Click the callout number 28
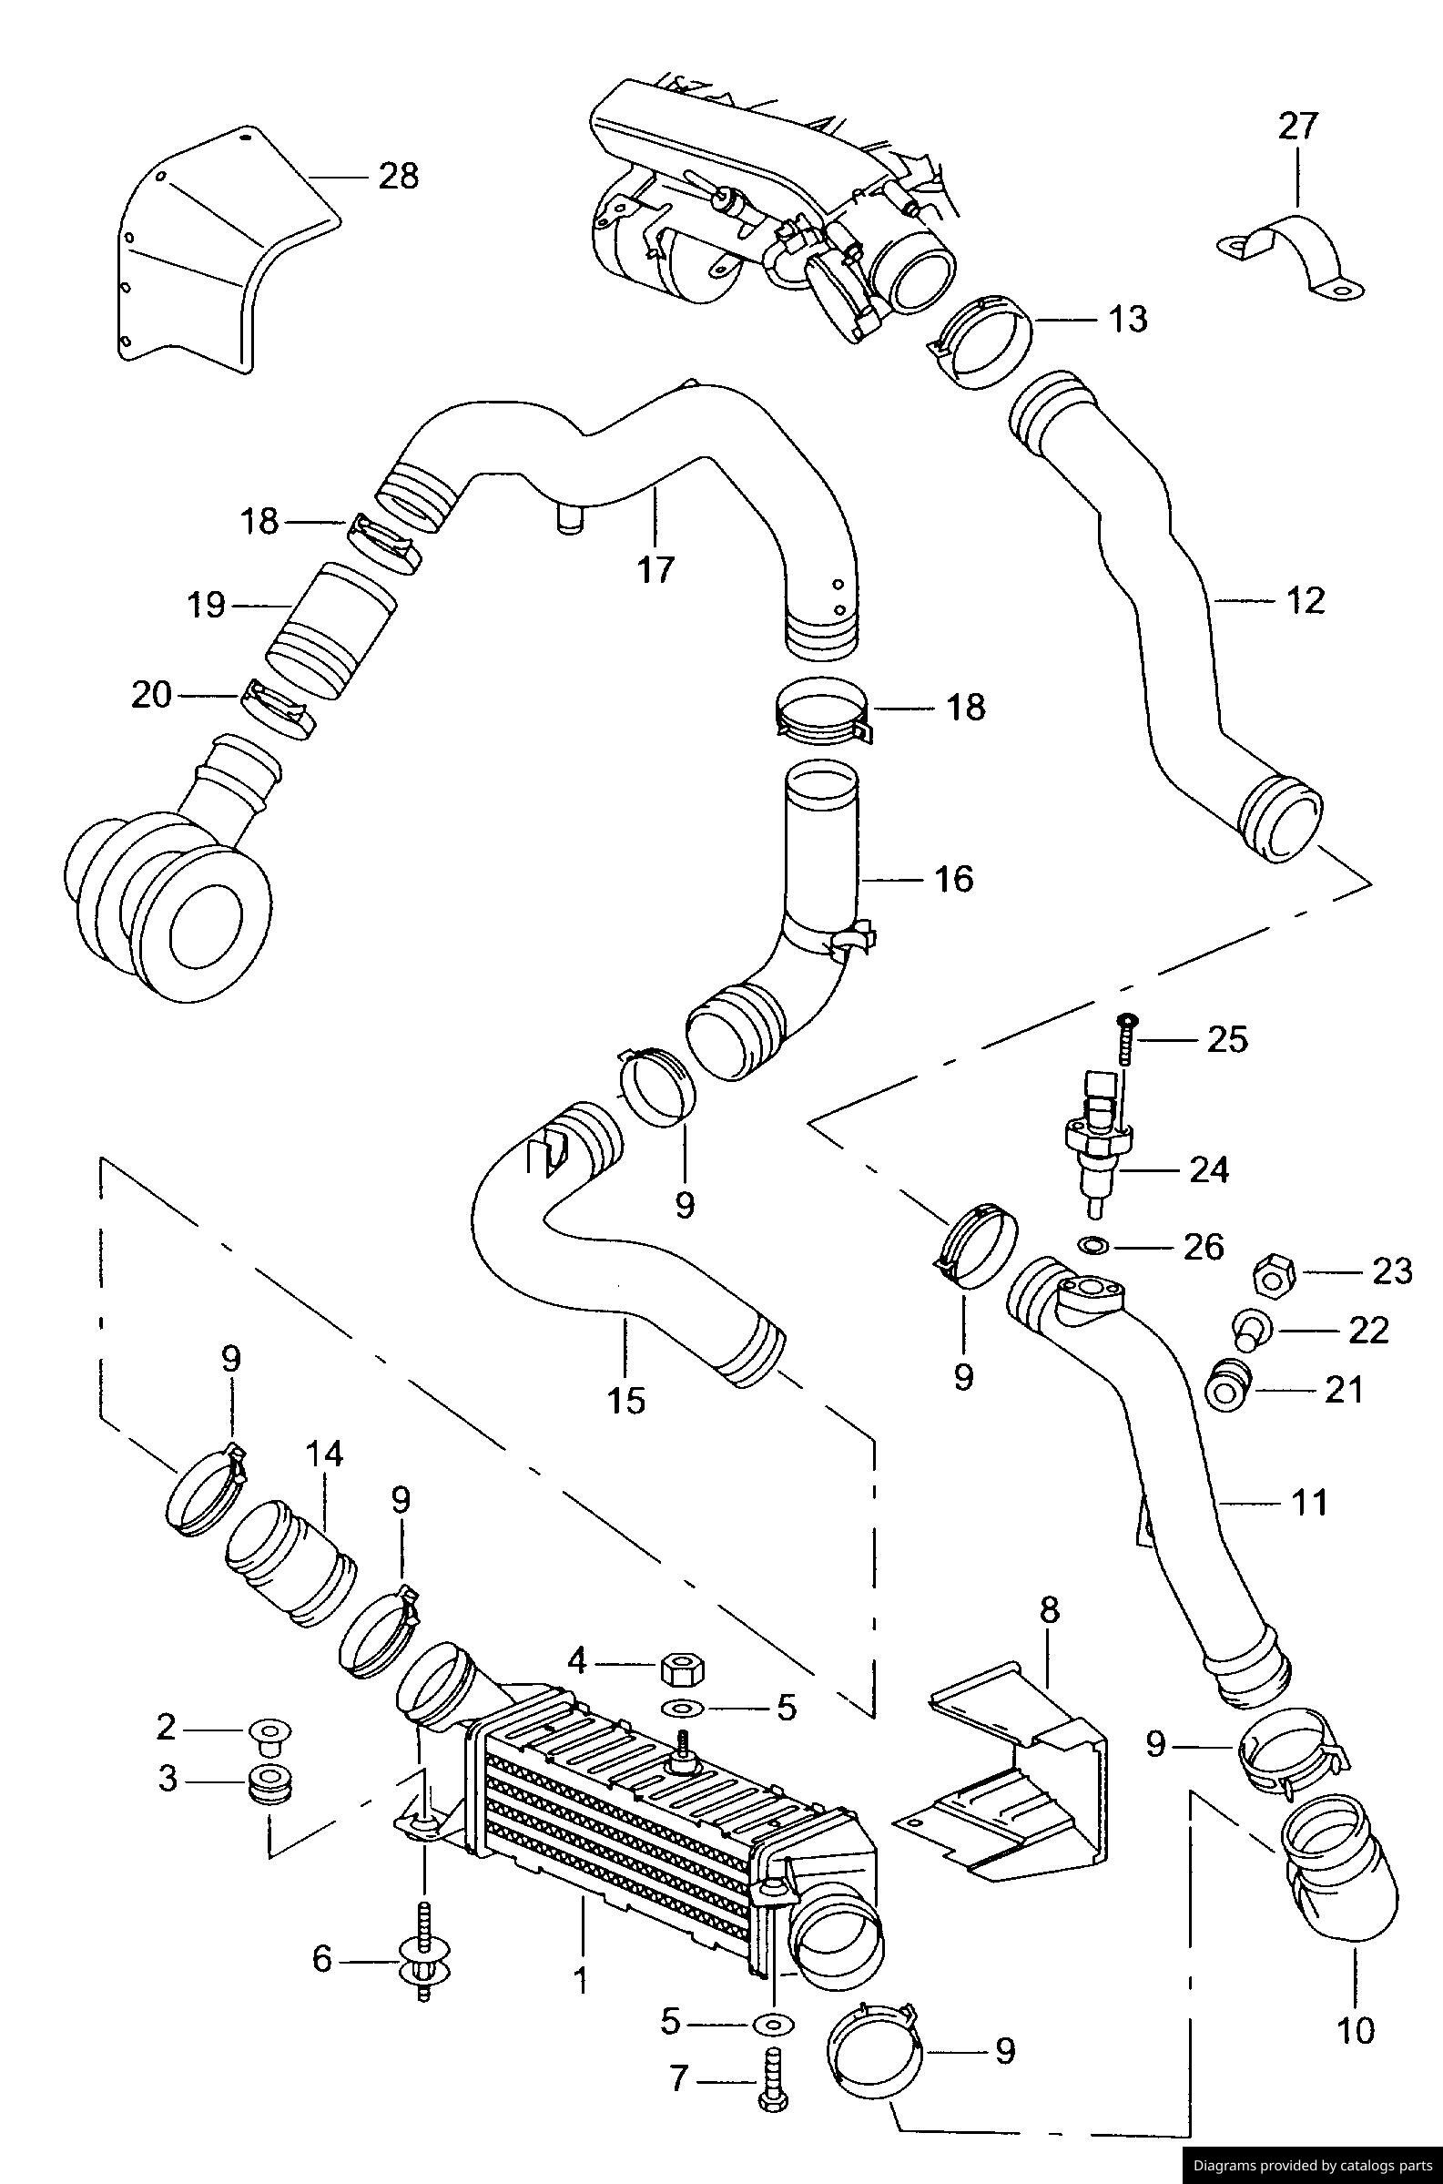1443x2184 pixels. click(399, 175)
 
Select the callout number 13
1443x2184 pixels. click(1128, 319)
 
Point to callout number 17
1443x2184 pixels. click(655, 569)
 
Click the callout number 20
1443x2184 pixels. click(152, 695)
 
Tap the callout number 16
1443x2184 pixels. click(954, 878)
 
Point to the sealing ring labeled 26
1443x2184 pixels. click(1093, 1246)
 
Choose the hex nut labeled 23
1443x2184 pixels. click(1275, 1276)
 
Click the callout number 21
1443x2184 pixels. click(1343, 1389)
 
